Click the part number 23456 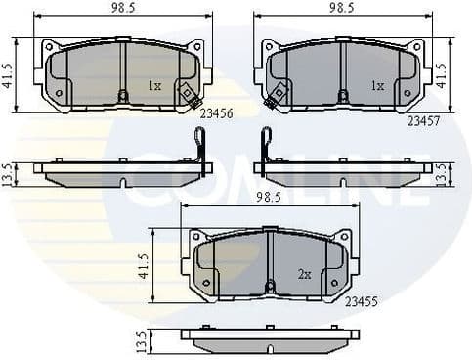[x=215, y=112]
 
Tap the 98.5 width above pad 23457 [x=341, y=8]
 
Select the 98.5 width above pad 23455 [x=270, y=197]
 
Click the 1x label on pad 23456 [x=154, y=86]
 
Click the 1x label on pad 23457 [x=377, y=86]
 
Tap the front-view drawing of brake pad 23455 [x=270, y=265]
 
